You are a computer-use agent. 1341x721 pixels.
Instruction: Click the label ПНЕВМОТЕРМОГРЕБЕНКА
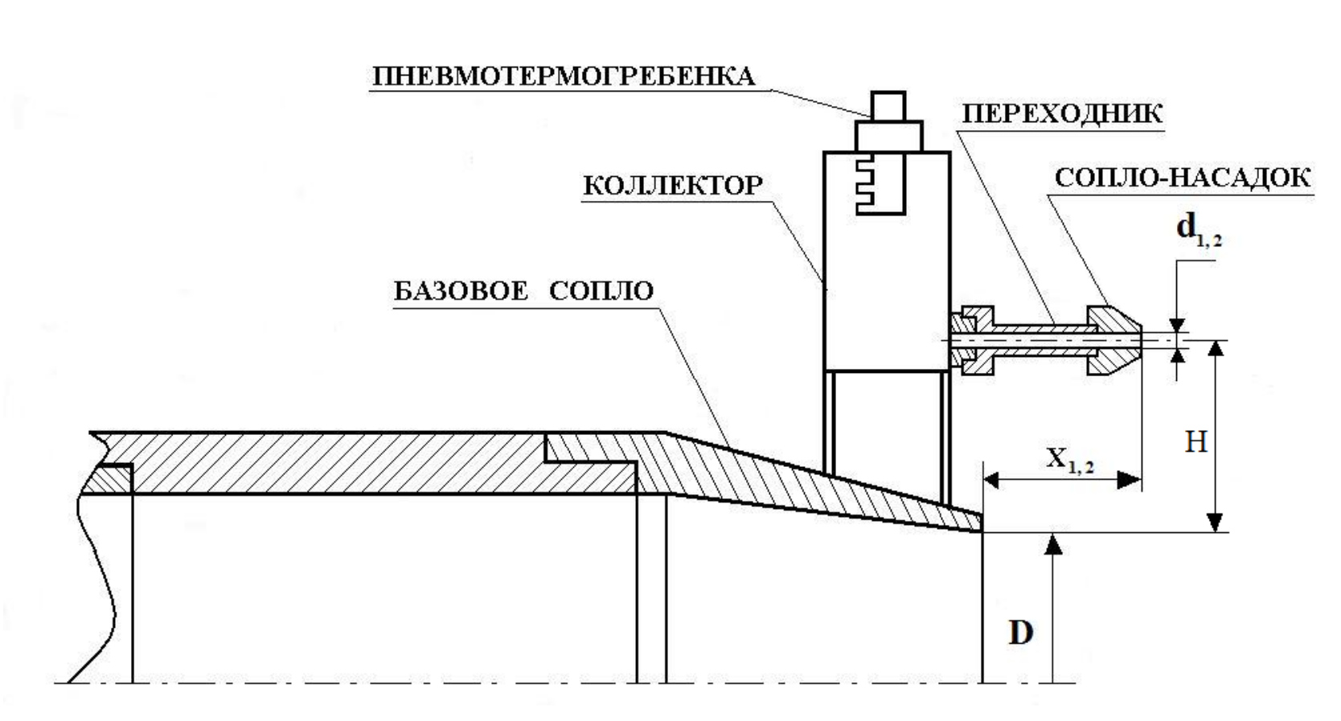click(563, 76)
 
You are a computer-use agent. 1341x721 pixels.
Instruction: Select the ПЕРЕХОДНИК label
click(1062, 113)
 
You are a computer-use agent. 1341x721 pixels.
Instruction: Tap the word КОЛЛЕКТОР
click(672, 186)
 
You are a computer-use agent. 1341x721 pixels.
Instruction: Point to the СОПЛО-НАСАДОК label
click(1183, 178)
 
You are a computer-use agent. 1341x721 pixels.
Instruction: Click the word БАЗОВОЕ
click(461, 291)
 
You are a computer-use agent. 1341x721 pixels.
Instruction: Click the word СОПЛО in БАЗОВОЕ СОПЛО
click(601, 291)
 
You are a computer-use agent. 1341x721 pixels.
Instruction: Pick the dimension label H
click(1196, 440)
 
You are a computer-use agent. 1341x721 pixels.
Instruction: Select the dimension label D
click(1021, 633)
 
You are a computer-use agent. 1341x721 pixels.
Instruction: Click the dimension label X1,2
click(1069, 460)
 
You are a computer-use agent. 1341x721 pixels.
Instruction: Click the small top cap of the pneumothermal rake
click(888, 105)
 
